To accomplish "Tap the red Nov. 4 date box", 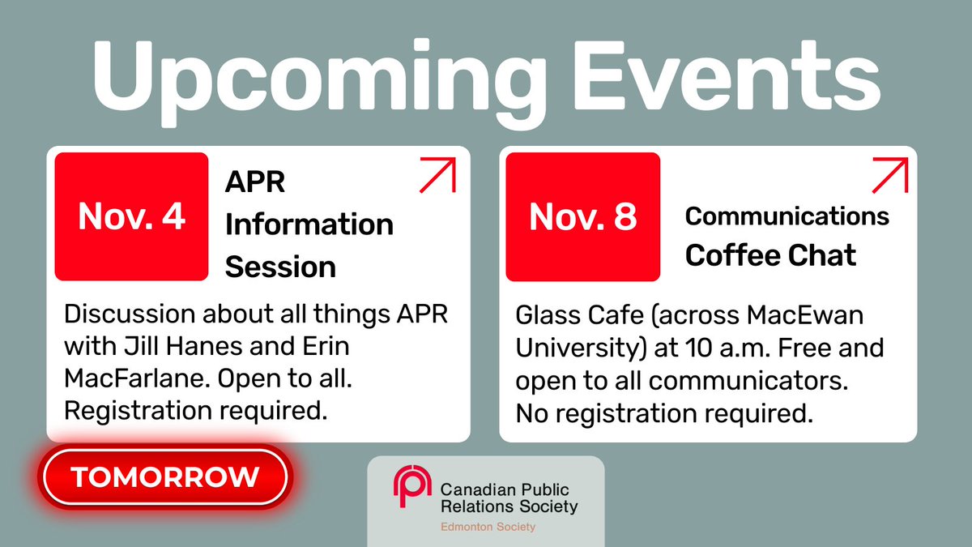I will tap(131, 216).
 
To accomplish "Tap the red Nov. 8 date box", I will tap(582, 216).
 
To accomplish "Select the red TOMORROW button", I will tap(166, 476).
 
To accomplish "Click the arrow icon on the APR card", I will tap(437, 175).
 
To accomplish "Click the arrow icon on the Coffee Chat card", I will tap(889, 175).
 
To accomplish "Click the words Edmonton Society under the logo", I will tap(488, 527).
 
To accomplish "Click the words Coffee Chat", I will tap(769, 255).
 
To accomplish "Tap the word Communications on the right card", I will tap(787, 216).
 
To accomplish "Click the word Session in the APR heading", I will tap(280, 266).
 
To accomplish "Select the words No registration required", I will tap(663, 414).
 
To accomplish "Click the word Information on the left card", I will tap(309, 224).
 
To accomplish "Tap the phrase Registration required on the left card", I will tap(195, 410).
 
